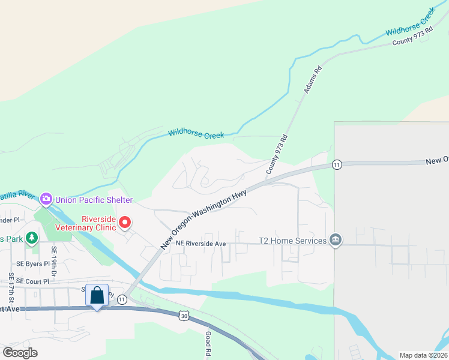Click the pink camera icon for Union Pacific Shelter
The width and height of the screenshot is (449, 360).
[46, 199]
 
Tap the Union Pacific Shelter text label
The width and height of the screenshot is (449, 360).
[94, 199]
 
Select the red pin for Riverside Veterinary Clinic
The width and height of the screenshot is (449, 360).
[125, 223]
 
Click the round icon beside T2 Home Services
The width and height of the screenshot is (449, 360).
[336, 241]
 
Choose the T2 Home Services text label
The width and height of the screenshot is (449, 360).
[292, 241]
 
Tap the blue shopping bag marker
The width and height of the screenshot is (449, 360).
[97, 296]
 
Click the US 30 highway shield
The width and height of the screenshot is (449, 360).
[184, 315]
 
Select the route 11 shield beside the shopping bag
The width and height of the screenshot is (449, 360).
[122, 299]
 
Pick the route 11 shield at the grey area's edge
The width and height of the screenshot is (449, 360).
[337, 164]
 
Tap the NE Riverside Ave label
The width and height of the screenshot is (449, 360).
[200, 244]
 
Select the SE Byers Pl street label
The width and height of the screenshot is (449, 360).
[33, 263]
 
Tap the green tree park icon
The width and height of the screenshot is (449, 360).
[31, 238]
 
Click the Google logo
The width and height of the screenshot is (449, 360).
[20, 352]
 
